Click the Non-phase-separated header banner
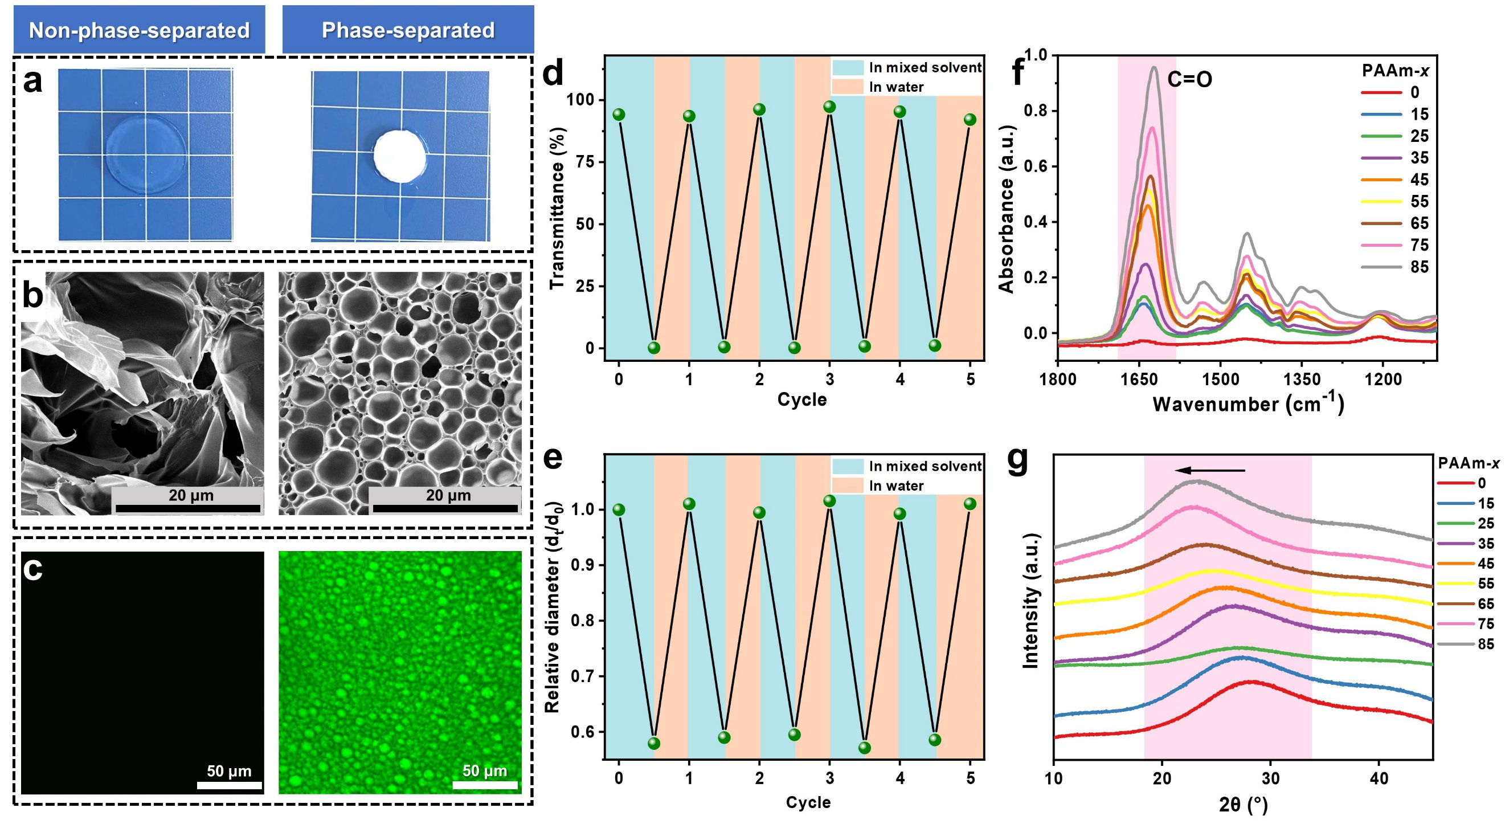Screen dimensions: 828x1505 (139, 30)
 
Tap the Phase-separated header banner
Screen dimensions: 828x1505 (408, 30)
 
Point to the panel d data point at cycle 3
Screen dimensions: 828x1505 (829, 107)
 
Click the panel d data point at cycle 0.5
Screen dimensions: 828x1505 (654, 348)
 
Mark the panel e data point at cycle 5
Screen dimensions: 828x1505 (970, 504)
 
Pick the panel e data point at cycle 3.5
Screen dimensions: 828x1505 (865, 747)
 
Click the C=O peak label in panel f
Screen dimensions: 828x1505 (1189, 79)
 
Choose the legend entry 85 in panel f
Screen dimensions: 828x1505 (1419, 267)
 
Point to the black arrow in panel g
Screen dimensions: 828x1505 (1210, 470)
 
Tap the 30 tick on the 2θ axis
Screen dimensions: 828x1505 (1270, 778)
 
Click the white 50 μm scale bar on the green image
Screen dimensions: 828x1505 (485, 785)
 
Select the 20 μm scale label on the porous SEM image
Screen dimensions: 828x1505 (448, 496)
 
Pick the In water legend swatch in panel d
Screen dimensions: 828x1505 (848, 87)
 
